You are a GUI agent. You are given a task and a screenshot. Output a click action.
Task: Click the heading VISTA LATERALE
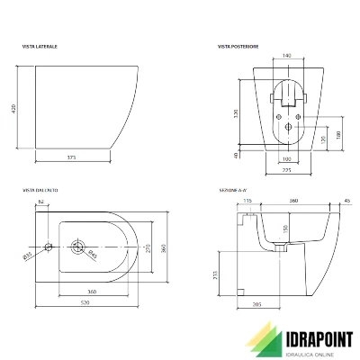point(40,44)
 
